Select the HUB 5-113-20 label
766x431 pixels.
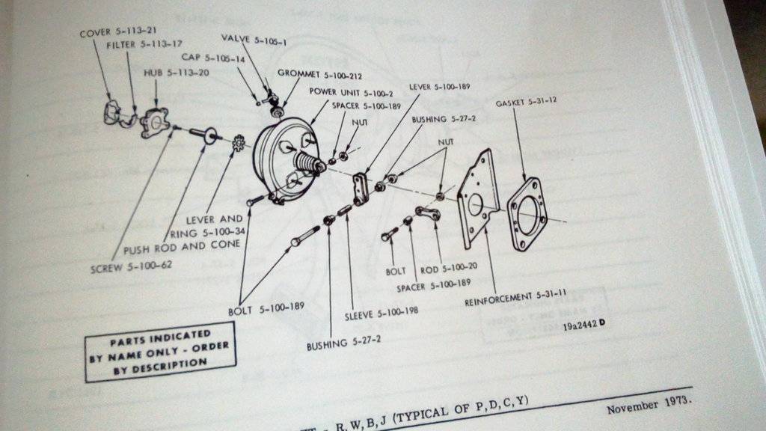pyautogui.click(x=166, y=73)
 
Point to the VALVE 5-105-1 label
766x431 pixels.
pyautogui.click(x=254, y=37)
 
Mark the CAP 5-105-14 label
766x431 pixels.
pyautogui.click(x=213, y=57)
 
